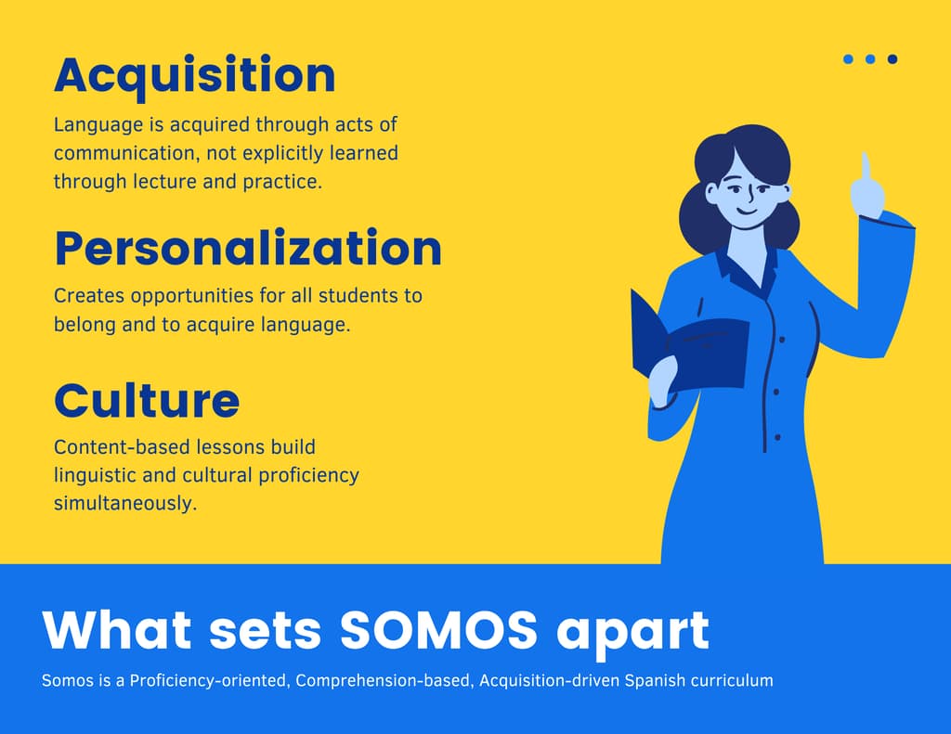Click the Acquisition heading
click(x=195, y=76)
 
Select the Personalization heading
click(x=248, y=248)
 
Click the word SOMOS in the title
click(x=438, y=630)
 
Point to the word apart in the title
click(x=632, y=634)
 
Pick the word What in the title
click(x=117, y=630)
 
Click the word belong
click(x=85, y=325)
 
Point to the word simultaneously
click(x=125, y=503)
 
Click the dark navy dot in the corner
click(x=892, y=58)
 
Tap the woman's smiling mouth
click(x=748, y=213)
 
